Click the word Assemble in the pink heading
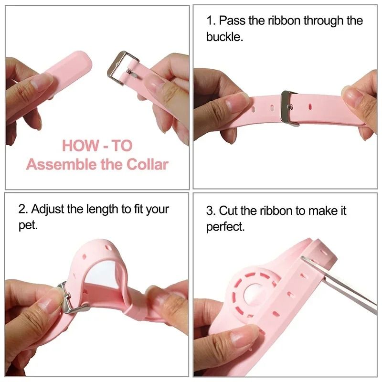pos(56,165)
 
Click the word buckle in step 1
pos(224,37)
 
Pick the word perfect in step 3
pos(225,227)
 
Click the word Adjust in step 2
pos(48,209)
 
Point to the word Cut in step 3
pos(228,211)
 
